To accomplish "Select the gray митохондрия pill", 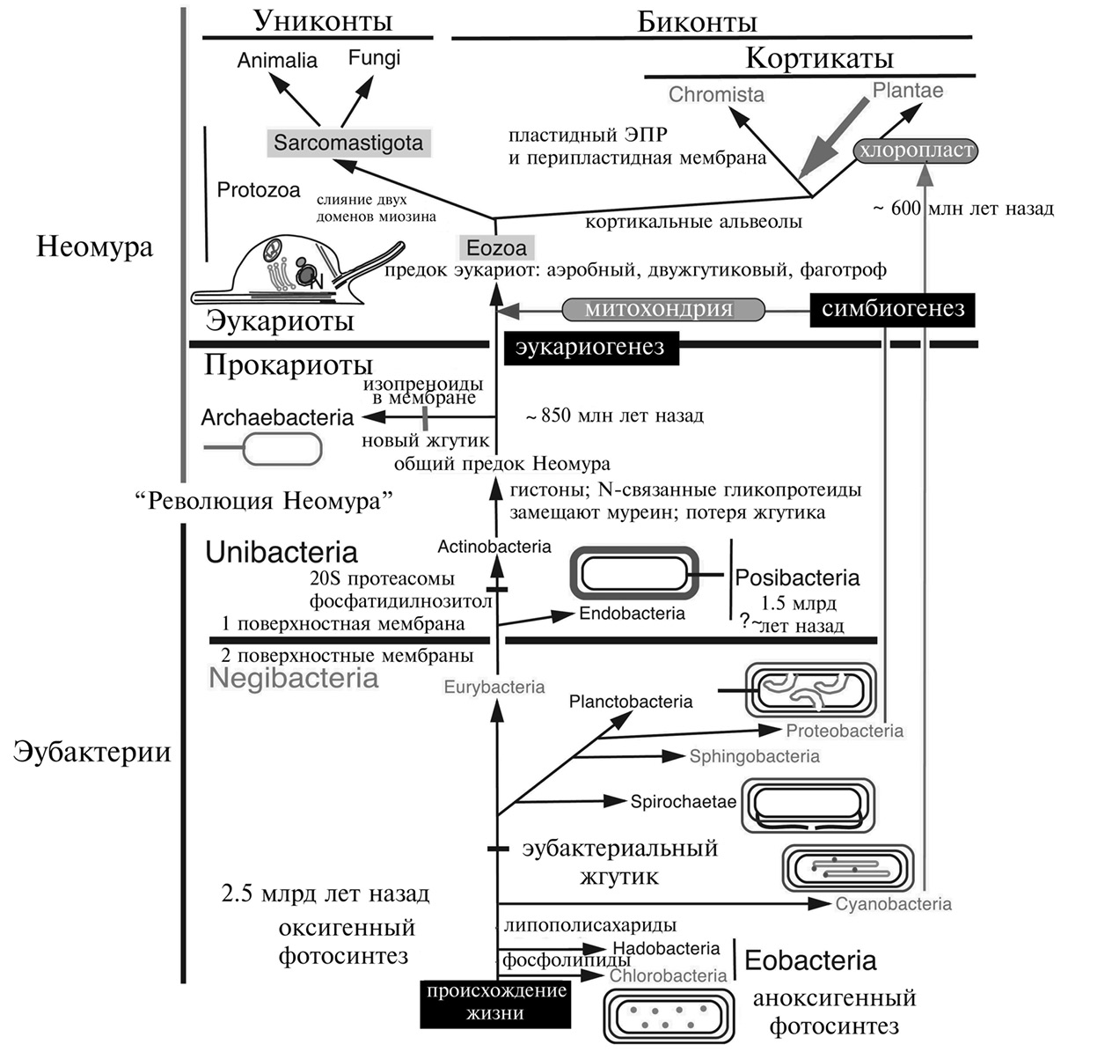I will click(659, 310).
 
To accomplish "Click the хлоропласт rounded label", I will click(915, 151).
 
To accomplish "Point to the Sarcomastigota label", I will click(348, 143).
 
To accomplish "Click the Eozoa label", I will click(497, 248).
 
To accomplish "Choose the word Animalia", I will click(277, 61).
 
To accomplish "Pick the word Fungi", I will click(374, 58).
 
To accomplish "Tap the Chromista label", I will click(716, 94).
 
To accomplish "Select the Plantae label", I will click(908, 90).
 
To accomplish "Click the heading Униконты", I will click(323, 21).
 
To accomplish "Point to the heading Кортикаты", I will click(819, 59).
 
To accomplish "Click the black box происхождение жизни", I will click(495, 1003).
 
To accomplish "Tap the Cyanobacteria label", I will click(893, 904).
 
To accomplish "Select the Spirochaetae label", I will click(683, 802).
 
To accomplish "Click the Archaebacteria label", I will click(277, 417).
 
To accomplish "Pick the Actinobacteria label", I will click(494, 547).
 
